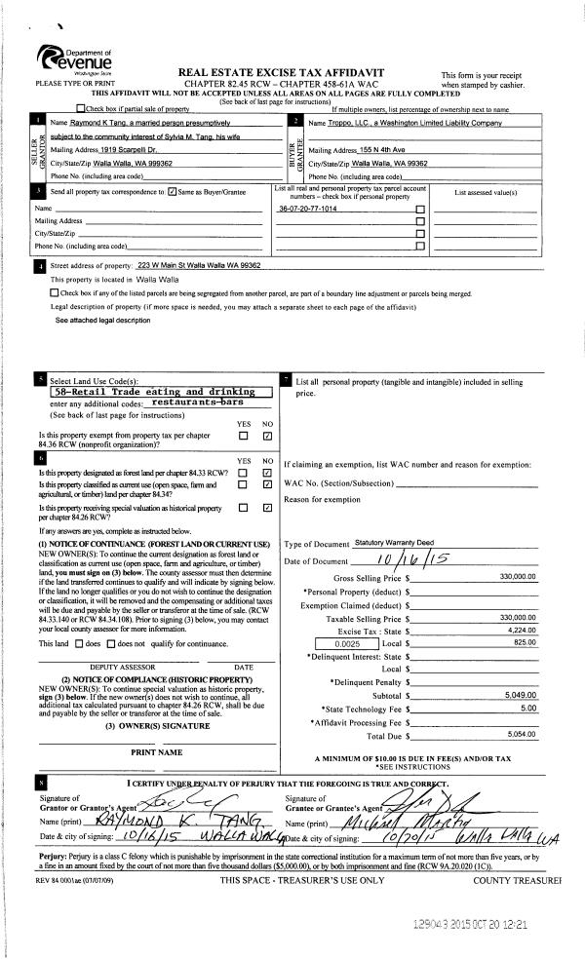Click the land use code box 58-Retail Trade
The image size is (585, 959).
[159, 392]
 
